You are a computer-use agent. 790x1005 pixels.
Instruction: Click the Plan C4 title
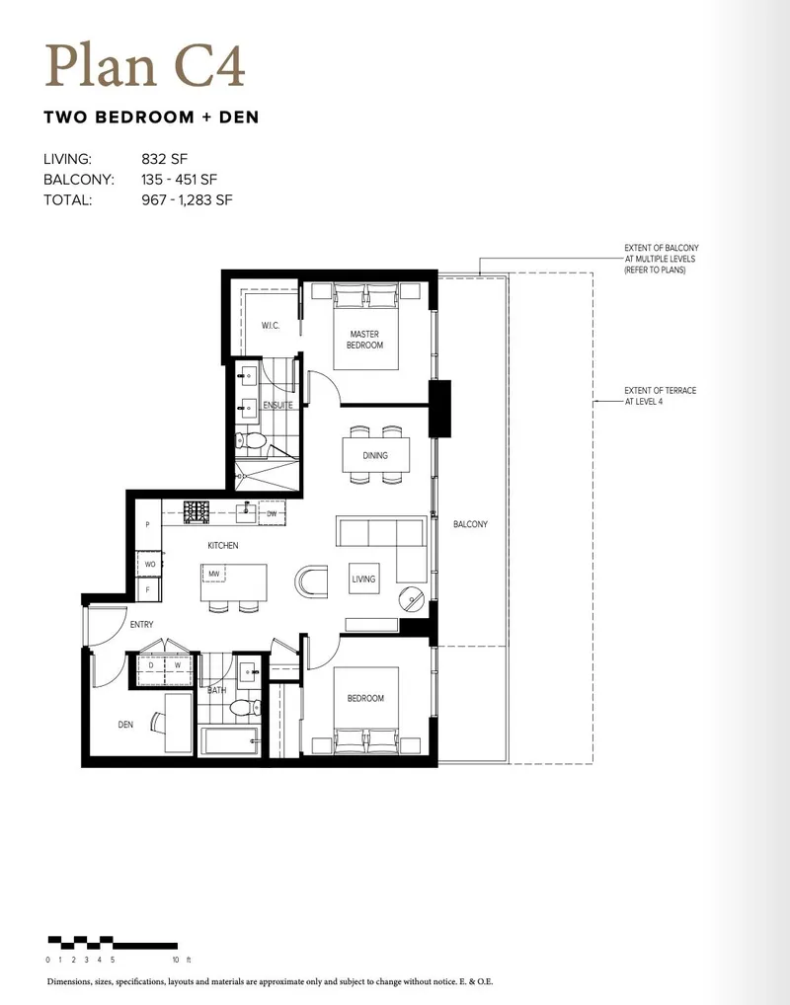(144, 67)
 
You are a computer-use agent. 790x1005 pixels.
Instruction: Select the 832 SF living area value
(164, 158)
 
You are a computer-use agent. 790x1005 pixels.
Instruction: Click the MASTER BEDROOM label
(364, 340)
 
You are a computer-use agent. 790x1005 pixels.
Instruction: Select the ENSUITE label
(277, 405)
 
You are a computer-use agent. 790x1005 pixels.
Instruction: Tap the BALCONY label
(470, 524)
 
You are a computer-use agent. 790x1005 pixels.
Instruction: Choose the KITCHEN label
(222, 545)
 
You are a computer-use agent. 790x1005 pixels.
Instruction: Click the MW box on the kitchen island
(212, 573)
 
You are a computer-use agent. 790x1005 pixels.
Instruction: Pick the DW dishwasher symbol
(272, 513)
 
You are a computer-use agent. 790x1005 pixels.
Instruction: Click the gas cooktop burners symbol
(197, 511)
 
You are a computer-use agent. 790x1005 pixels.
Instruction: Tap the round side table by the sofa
(413, 597)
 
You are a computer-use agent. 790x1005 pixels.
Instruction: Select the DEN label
(125, 725)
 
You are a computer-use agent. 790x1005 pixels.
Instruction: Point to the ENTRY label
(141, 625)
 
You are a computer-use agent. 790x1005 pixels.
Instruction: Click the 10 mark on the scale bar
(174, 959)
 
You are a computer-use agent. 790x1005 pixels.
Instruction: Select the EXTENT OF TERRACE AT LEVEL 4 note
(660, 395)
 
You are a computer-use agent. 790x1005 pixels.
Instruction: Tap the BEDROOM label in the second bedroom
(364, 698)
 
